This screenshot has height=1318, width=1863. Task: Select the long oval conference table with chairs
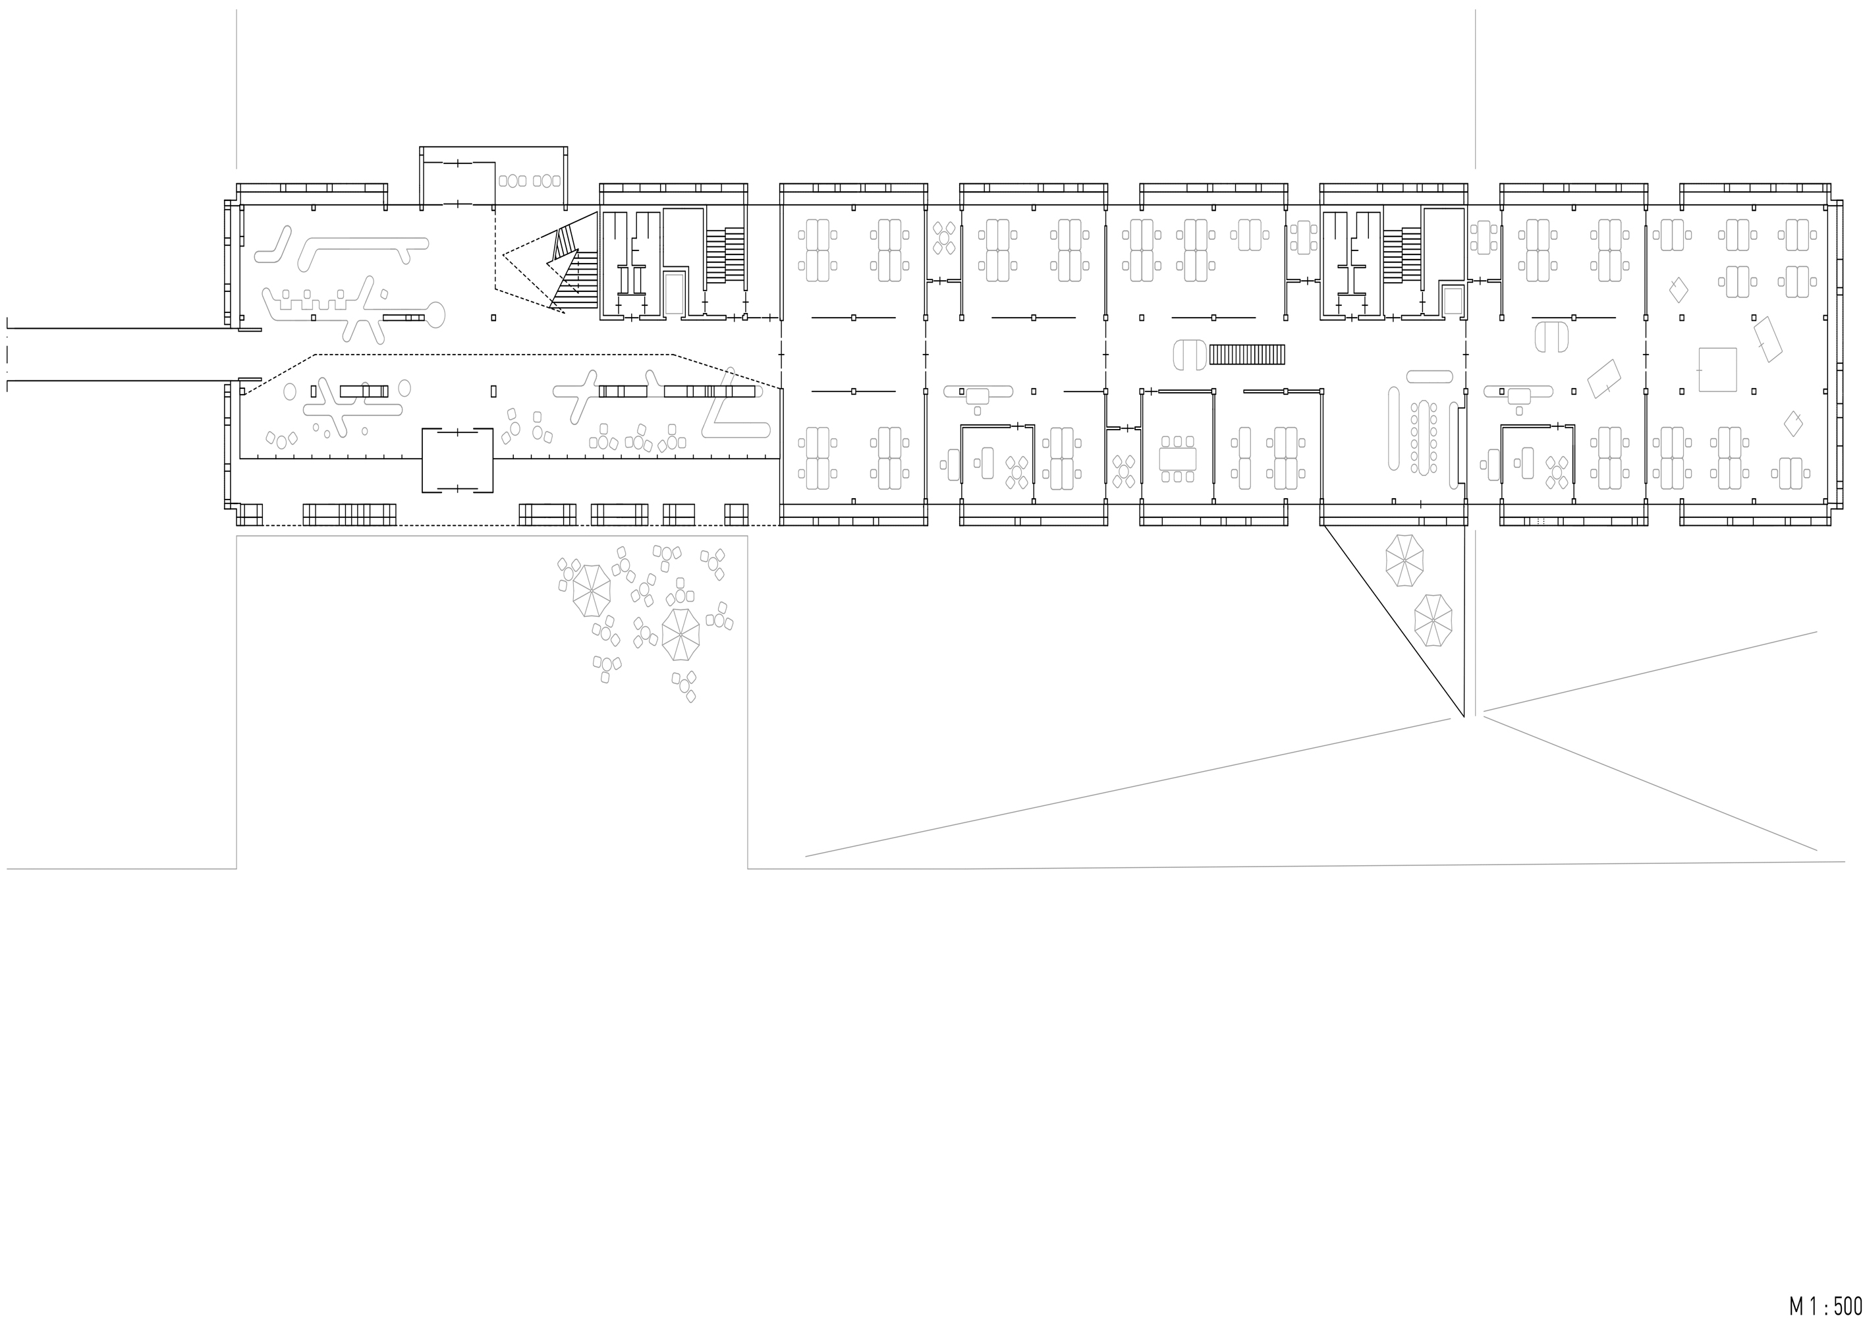tap(1423, 438)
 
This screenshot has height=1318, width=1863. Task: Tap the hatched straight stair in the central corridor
tap(1248, 355)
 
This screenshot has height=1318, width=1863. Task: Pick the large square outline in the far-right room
tap(1718, 369)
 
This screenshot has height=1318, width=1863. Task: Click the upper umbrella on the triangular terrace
tap(1404, 560)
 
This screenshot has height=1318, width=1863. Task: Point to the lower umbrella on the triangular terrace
tap(1433, 621)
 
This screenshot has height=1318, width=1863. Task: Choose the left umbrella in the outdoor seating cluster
tap(592, 590)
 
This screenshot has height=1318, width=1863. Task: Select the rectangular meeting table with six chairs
tap(1177, 459)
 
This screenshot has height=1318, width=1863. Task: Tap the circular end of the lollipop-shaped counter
tap(435, 316)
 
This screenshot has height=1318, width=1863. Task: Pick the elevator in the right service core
tap(1453, 301)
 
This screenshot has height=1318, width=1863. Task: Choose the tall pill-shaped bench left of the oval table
tap(1394, 428)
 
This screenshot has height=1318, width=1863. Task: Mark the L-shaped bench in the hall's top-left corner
tap(273, 245)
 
